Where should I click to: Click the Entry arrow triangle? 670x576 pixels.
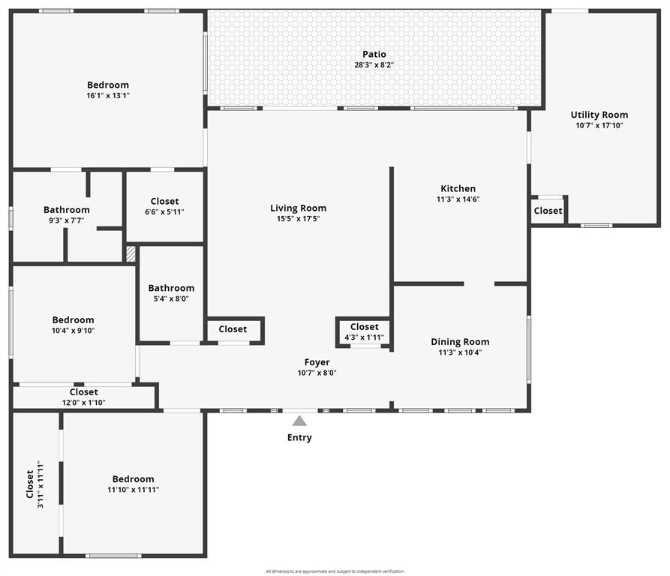click(299, 421)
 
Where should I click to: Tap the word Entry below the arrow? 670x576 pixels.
click(299, 437)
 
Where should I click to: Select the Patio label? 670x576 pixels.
click(374, 54)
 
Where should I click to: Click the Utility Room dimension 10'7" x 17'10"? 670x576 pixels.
click(599, 125)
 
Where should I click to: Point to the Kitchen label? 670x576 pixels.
click(458, 189)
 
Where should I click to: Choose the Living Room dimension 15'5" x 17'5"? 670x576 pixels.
click(298, 219)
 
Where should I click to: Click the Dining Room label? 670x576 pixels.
click(460, 342)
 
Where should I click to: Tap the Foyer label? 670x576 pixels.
click(317, 362)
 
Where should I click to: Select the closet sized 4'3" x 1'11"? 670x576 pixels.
click(364, 331)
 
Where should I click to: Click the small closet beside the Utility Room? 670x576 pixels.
click(548, 211)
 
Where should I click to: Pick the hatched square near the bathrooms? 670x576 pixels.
click(131, 253)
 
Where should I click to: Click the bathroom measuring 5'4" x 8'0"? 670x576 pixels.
click(171, 292)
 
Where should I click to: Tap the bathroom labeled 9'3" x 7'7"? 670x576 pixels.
click(66, 215)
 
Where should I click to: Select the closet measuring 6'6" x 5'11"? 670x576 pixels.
click(164, 206)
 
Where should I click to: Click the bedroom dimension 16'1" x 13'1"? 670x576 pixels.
click(108, 96)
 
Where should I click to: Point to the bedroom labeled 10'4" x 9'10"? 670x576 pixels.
click(73, 325)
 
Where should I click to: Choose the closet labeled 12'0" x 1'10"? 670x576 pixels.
click(83, 397)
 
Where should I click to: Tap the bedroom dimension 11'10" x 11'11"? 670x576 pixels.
click(133, 490)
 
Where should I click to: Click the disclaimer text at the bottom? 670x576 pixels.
click(335, 571)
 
